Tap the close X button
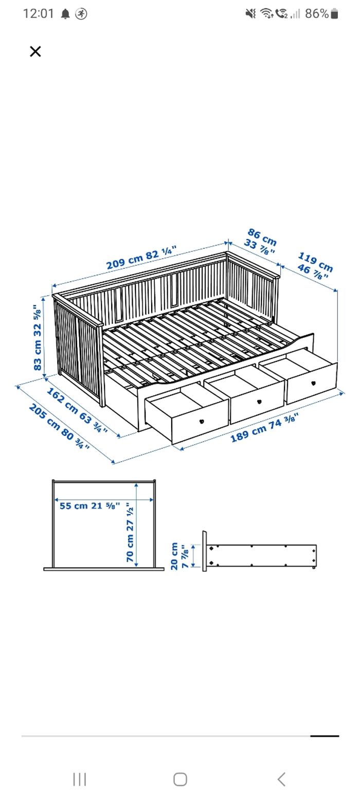[35, 51]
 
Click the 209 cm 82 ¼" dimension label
[141, 258]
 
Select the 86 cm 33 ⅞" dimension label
[260, 241]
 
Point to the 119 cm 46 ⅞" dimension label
[313, 266]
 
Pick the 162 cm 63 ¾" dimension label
[77, 410]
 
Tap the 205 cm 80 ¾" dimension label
[59, 426]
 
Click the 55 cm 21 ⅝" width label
[90, 505]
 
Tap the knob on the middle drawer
[259, 402]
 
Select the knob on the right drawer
[313, 383]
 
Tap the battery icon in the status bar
[334, 14]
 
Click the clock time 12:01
[38, 14]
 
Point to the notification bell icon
[65, 14]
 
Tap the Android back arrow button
[281, 779]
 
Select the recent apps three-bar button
[79, 779]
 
